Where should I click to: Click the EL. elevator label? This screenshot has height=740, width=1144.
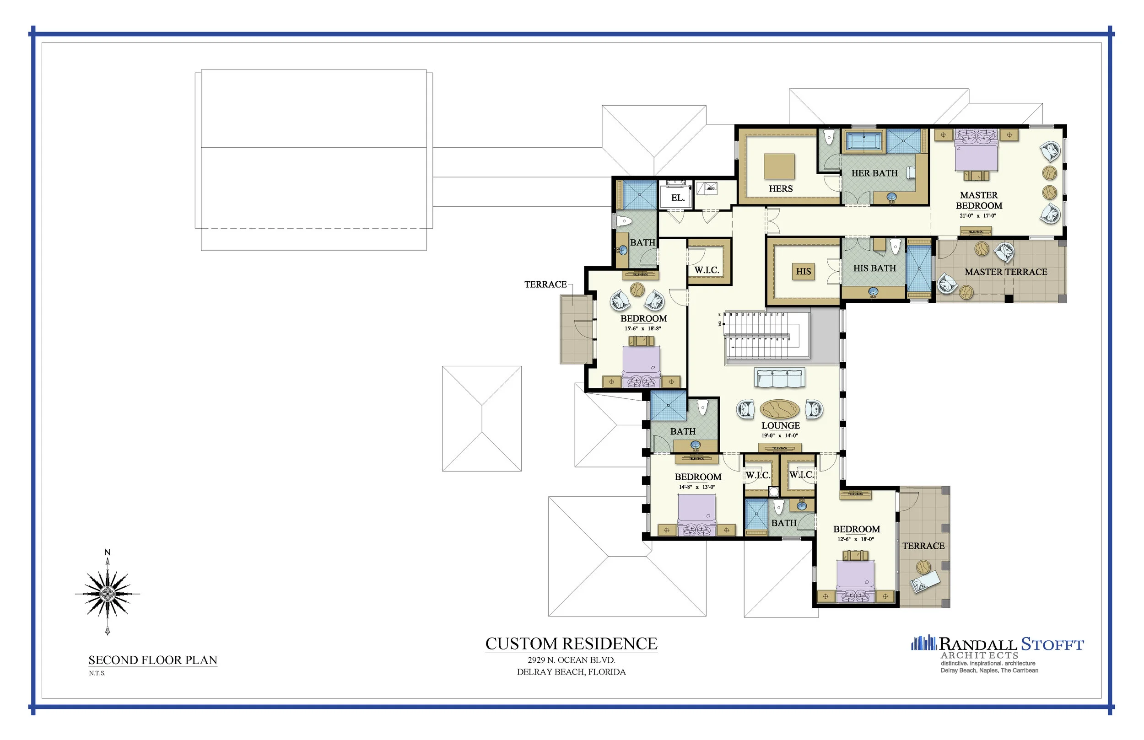click(678, 198)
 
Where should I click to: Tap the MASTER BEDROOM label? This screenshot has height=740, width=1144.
click(979, 200)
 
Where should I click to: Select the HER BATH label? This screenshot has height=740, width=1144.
click(874, 173)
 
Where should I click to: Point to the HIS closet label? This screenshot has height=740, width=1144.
click(803, 272)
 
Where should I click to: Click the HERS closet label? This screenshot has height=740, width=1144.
click(781, 189)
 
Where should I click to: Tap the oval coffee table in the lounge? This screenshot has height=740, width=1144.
click(779, 409)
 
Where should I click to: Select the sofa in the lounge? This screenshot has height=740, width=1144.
click(779, 378)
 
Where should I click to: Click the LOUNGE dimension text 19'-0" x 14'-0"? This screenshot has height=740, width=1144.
click(779, 436)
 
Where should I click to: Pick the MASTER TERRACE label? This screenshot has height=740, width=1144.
click(1005, 272)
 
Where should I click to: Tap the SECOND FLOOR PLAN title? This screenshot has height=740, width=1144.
click(153, 660)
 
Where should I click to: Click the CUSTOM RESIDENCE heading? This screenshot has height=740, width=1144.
click(571, 644)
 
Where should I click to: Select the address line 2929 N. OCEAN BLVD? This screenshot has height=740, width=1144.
click(571, 660)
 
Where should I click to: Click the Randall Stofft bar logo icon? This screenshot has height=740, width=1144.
click(923, 643)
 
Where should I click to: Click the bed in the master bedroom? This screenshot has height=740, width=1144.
click(976, 151)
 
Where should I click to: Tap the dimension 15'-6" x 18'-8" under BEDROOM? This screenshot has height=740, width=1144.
click(642, 329)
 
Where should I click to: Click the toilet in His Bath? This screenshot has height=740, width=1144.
click(895, 247)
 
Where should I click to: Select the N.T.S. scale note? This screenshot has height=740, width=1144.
click(97, 673)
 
